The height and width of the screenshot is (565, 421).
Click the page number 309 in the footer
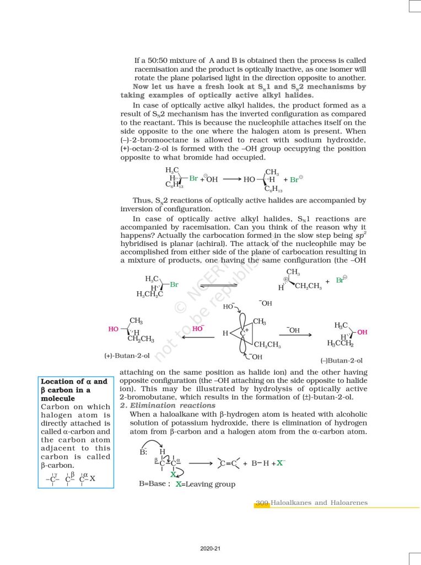click(x=262, y=503)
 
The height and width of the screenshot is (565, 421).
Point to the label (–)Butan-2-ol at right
click(x=341, y=360)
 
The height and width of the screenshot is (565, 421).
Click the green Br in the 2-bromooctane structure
click(x=193, y=178)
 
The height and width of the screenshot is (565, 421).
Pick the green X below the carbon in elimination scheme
click(x=173, y=475)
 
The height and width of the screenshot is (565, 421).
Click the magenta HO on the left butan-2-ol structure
click(x=114, y=329)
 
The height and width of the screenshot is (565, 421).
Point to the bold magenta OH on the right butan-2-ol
click(x=362, y=332)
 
